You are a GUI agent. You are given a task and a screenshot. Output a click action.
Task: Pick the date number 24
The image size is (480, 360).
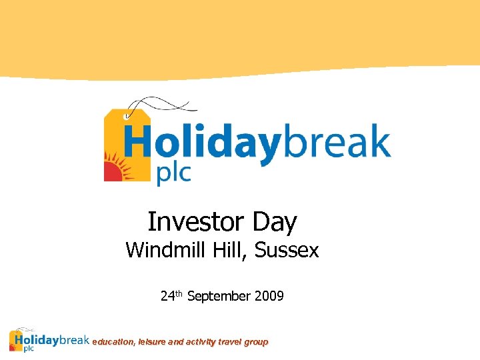167,296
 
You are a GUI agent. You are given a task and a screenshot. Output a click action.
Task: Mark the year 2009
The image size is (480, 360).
269,296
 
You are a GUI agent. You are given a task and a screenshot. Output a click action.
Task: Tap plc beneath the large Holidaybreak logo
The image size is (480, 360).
173,173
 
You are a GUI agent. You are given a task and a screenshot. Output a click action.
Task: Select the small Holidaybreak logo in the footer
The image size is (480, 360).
49,341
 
